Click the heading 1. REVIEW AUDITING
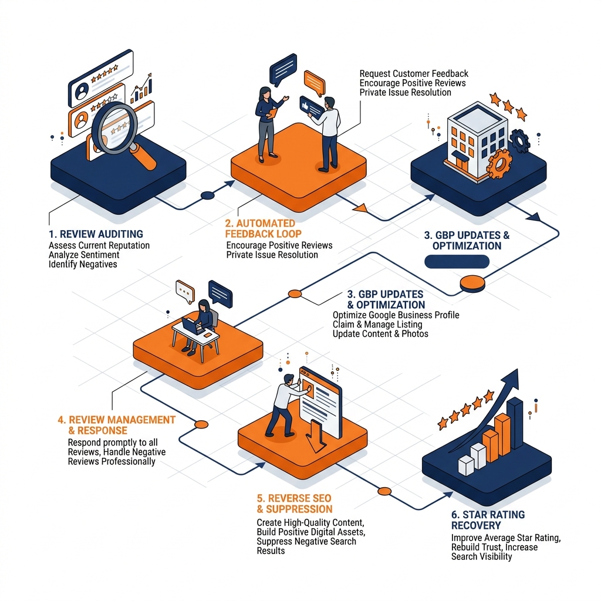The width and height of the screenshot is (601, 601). (96, 234)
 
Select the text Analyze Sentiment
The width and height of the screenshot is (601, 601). (84, 255)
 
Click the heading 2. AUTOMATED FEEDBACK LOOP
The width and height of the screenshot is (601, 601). (263, 228)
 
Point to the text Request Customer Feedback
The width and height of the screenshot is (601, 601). (414, 73)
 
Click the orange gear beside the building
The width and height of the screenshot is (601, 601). (499, 164)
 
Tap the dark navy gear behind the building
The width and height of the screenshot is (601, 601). (519, 141)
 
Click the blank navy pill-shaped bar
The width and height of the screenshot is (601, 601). (457, 262)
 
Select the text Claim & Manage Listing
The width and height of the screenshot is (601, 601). (377, 324)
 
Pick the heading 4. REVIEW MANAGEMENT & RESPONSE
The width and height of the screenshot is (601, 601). (116, 425)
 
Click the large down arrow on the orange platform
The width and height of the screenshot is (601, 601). (316, 437)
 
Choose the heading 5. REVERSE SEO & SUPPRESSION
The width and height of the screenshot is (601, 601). (295, 504)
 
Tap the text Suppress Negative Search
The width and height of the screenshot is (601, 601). (306, 541)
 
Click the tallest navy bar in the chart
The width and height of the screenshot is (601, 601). (515, 423)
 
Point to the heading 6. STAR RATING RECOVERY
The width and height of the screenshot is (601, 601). (488, 520)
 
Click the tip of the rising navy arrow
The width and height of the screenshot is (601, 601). (518, 369)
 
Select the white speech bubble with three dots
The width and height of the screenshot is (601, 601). (185, 291)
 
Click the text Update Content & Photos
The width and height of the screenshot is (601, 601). (380, 334)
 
